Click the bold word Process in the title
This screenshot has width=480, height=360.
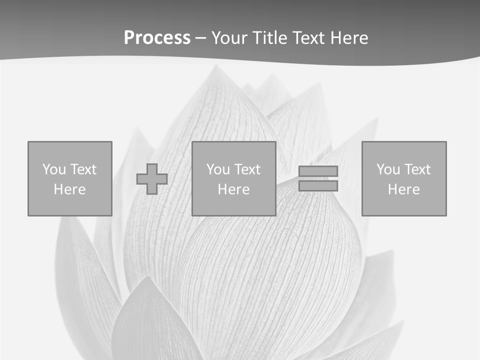pyautogui.click(x=157, y=38)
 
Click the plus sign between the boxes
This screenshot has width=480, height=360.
pyautogui.click(x=152, y=179)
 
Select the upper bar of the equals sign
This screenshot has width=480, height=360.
pyautogui.click(x=318, y=171)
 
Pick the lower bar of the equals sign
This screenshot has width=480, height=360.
pyautogui.click(x=318, y=186)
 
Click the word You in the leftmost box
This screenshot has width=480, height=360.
pyautogui.click(x=54, y=169)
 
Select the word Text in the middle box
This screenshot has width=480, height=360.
pyautogui.click(x=247, y=169)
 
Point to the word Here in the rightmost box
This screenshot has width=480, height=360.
pyautogui.click(x=404, y=189)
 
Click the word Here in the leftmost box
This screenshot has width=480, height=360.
pyautogui.click(x=70, y=189)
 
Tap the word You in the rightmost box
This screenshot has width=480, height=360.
pyautogui.click(x=388, y=169)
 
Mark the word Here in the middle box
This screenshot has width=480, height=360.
pyautogui.click(x=234, y=189)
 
